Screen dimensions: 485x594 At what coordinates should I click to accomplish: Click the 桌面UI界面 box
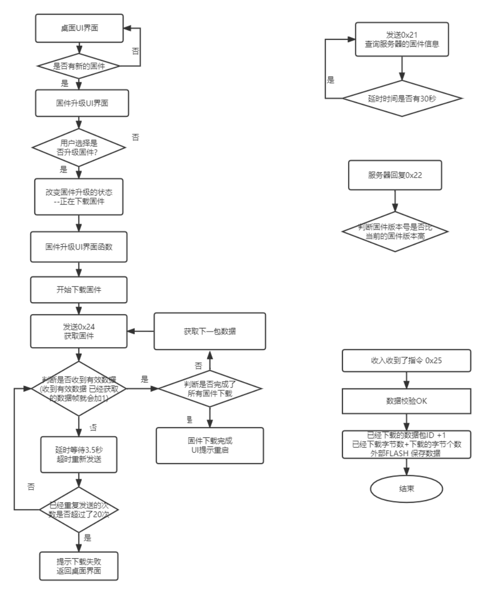coord(79,28)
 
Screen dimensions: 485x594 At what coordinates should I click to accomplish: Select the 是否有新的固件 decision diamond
coord(79,66)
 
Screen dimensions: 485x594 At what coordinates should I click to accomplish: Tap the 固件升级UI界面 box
coord(82,103)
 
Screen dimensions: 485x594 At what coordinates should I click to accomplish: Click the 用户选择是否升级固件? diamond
coord(79,148)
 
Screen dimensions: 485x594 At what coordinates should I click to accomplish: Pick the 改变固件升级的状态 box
coord(79,197)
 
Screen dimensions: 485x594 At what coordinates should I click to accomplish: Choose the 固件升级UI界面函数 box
coord(79,247)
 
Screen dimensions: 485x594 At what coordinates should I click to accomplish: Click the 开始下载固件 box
coord(79,290)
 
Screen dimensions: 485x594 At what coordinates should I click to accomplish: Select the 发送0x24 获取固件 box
coord(79,331)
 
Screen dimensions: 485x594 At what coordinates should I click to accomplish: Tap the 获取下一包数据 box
coord(210,331)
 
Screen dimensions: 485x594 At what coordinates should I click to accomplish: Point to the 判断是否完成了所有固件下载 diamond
coord(210,388)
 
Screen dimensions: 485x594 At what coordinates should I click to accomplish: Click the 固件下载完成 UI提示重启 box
coord(210,445)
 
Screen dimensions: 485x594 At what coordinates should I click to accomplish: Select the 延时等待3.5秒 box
coord(78,455)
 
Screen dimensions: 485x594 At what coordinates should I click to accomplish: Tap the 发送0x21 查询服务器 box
coord(402,40)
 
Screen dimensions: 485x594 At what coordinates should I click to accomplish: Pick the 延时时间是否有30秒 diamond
coord(402,98)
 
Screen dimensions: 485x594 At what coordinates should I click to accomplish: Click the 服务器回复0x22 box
coord(395,175)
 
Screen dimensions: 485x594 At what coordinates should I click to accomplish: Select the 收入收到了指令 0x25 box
coord(406,361)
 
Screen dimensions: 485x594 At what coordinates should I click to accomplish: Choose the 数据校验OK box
coord(406,401)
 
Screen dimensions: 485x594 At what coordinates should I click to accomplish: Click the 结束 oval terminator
coord(406,489)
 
